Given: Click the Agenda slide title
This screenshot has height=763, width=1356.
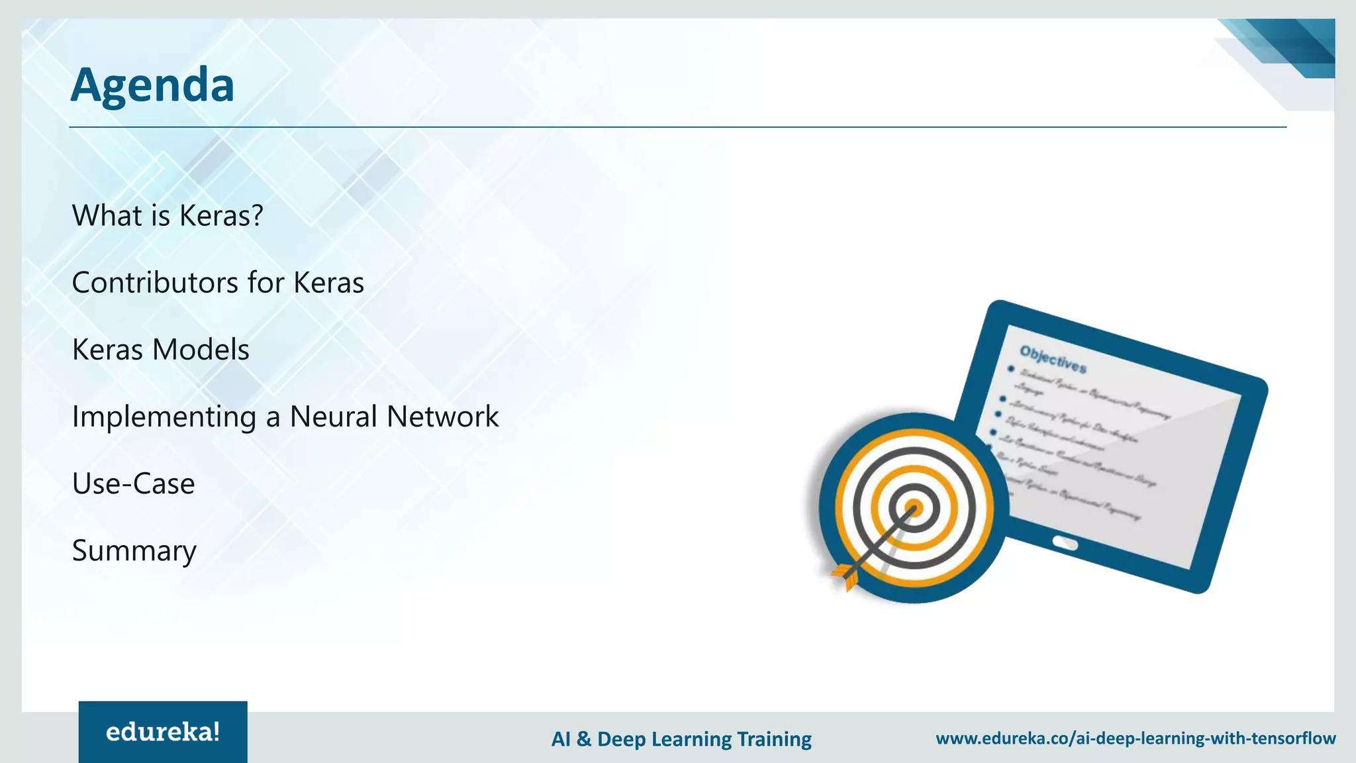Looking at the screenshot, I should coord(152,85).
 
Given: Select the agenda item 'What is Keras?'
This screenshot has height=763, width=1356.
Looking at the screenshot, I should coord(168,216).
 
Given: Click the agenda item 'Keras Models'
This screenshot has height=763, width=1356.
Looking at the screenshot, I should coord(160,350).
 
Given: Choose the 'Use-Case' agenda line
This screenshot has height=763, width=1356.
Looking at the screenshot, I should coord(133,483).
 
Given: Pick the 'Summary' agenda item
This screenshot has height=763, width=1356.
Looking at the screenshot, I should coord(134,550).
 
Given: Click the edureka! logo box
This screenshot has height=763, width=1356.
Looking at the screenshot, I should coord(163,732).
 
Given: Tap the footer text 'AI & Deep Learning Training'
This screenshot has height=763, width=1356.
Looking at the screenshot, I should coord(681,738).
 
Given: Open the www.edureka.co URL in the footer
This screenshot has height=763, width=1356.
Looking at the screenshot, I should coord(1136,738).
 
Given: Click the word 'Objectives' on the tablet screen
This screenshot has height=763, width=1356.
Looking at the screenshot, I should coord(1053,359).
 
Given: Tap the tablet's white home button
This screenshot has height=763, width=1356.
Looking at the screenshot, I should coord(1065,544).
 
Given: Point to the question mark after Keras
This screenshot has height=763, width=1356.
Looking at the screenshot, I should coord(257,216).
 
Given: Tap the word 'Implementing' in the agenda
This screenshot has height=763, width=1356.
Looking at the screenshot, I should coord(164,417).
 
